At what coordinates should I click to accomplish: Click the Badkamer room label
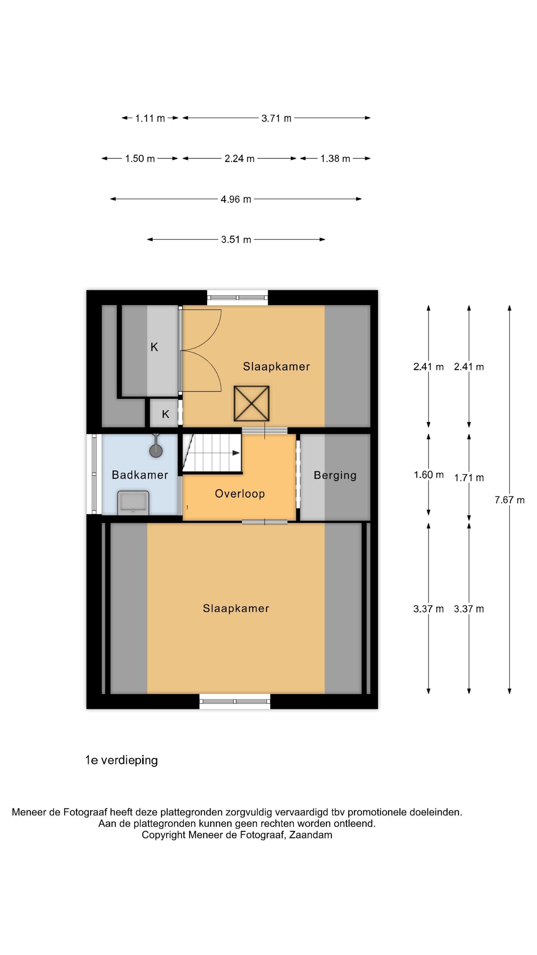[x=140, y=475]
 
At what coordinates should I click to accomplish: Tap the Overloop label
[x=240, y=493]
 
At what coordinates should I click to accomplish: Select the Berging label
[x=335, y=476]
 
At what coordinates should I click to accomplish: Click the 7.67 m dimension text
[x=510, y=500]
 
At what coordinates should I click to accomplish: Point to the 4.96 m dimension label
[x=236, y=200]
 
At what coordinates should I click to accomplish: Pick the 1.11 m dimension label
[x=150, y=119]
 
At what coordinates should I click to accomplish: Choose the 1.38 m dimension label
[x=335, y=159]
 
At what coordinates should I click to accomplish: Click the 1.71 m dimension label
[x=469, y=478]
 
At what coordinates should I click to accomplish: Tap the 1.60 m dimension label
[x=429, y=475]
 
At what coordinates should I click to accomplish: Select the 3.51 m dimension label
[x=236, y=240]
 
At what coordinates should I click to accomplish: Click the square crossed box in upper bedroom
[x=251, y=403]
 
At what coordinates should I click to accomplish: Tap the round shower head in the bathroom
[x=156, y=451]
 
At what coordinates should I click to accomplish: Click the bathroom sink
[x=133, y=503]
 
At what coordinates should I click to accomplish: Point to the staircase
[x=212, y=453]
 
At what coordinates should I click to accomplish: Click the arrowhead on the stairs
[x=236, y=453]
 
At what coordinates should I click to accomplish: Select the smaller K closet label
[x=166, y=414]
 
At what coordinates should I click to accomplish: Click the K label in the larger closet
[x=154, y=347]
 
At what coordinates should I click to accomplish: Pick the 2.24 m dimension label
[x=240, y=159]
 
